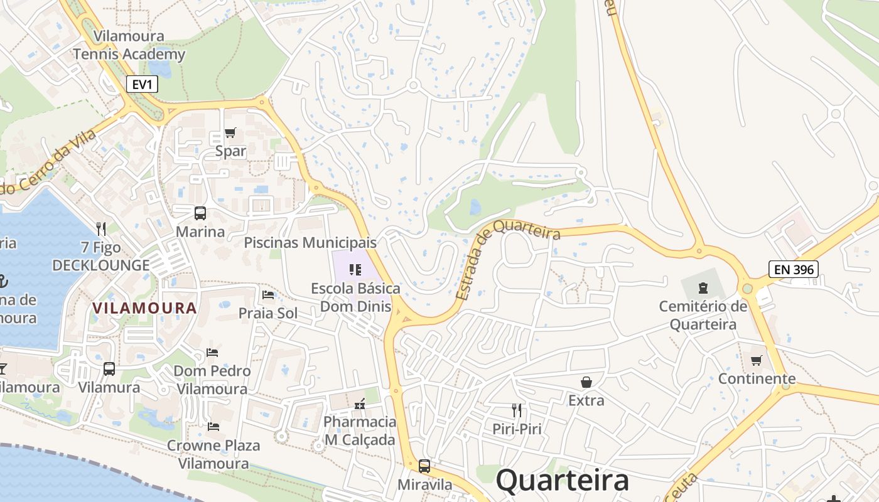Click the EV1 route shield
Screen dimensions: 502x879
(142, 84)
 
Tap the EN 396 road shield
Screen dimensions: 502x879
(794, 270)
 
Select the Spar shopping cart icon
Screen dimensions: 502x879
(230, 133)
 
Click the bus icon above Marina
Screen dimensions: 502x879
(200, 213)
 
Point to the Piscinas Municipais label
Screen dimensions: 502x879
(310, 242)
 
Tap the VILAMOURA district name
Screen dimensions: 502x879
(144, 308)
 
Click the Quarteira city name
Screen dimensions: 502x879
(562, 481)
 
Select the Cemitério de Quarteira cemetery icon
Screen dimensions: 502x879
(703, 289)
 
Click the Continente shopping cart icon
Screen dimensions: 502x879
(757, 361)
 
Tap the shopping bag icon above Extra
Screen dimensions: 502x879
(586, 382)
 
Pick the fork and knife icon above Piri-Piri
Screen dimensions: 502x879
(517, 410)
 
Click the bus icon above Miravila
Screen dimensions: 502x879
(424, 466)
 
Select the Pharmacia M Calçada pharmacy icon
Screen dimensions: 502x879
(360, 405)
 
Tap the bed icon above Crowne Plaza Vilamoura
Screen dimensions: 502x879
(213, 427)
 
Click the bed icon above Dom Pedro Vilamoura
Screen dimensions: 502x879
(212, 353)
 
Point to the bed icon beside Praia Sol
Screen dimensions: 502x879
(268, 295)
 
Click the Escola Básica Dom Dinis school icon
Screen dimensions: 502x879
(355, 270)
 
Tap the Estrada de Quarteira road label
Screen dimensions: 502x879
(507, 259)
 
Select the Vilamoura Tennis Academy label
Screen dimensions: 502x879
(129, 45)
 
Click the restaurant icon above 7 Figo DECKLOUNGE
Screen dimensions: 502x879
(101, 229)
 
